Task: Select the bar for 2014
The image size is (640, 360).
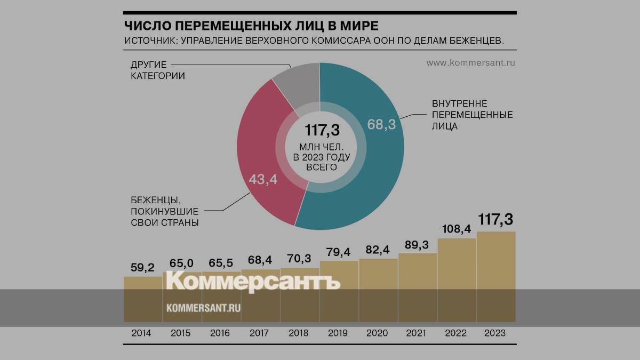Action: point(142,299)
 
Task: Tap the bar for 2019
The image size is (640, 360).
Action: point(339,291)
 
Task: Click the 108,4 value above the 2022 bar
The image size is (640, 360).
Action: point(457,229)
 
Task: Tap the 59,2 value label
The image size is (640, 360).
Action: point(142,267)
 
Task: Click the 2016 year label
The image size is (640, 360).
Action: point(221,333)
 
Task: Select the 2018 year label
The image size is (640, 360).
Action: point(299,333)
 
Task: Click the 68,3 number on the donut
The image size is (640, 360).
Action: point(381,125)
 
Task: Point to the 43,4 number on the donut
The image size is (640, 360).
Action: point(263,179)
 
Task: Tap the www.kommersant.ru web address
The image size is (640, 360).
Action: point(471,63)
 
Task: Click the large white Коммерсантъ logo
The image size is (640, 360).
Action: point(253,282)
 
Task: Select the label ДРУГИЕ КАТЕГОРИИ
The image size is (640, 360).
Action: point(157,70)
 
